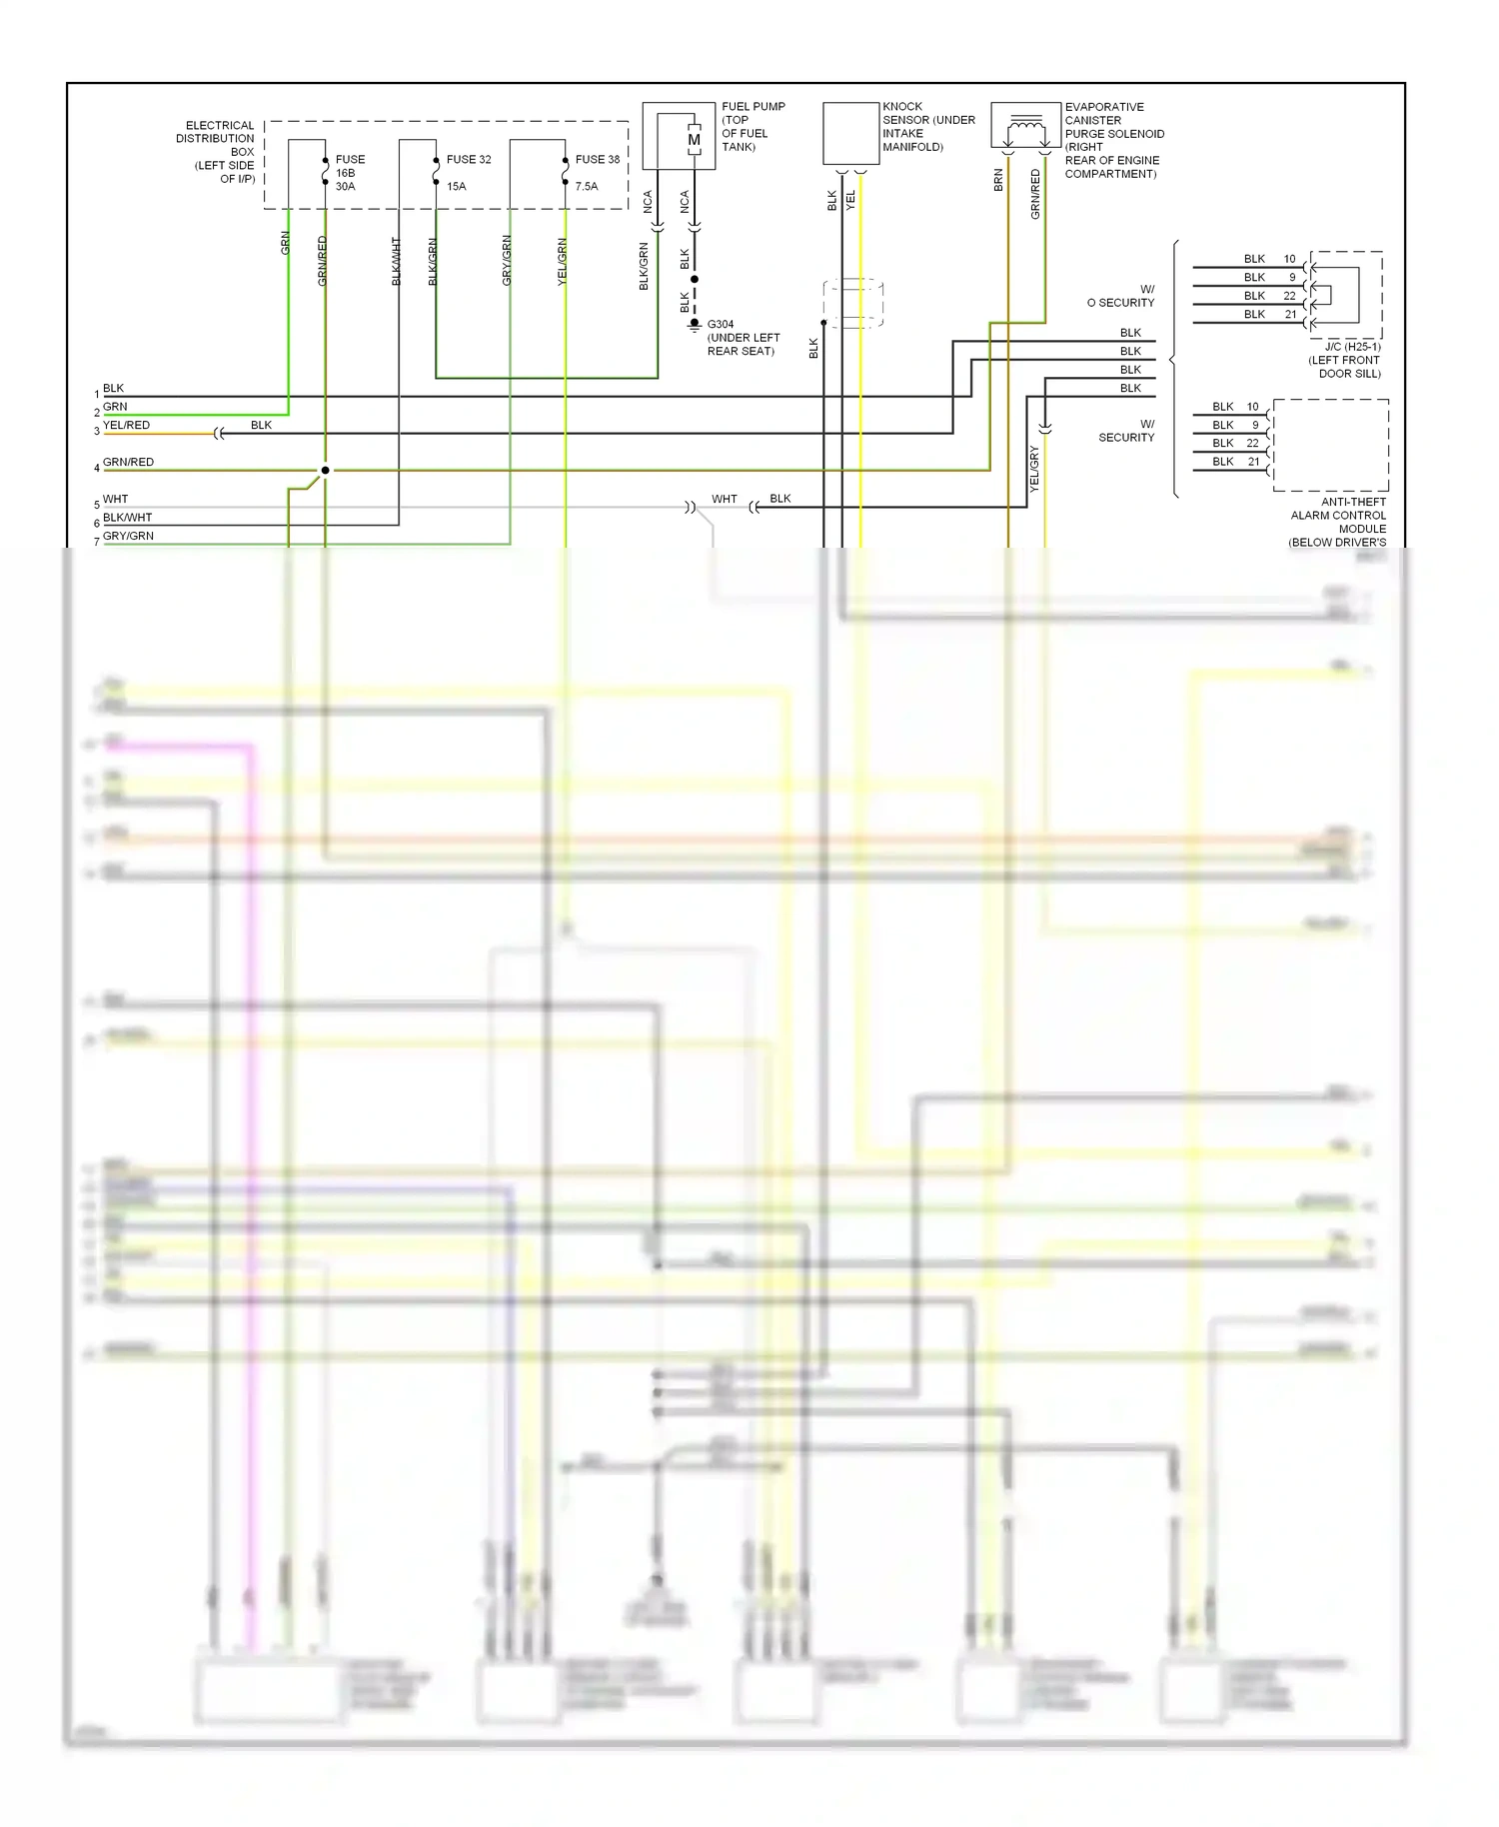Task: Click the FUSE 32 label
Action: pos(468,159)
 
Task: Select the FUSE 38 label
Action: pos(597,159)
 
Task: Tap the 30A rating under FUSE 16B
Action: pos(345,186)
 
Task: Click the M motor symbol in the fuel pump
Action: pos(694,141)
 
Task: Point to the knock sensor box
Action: pos(850,133)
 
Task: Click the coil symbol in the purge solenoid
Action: pos(1025,124)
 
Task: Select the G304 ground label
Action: pos(721,325)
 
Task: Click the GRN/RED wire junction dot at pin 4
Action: pos(325,470)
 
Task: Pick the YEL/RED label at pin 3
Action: pos(126,425)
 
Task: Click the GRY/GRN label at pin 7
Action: pos(128,536)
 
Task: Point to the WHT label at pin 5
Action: pos(115,499)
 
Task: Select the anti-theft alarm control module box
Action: pos(1330,445)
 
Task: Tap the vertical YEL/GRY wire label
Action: pos(1034,469)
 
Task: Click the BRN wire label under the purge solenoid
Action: pos(998,180)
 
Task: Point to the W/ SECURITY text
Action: pos(1127,431)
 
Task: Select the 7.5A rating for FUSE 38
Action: pos(587,186)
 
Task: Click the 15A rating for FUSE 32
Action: pos(457,186)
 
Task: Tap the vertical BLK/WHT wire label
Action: pos(396,261)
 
